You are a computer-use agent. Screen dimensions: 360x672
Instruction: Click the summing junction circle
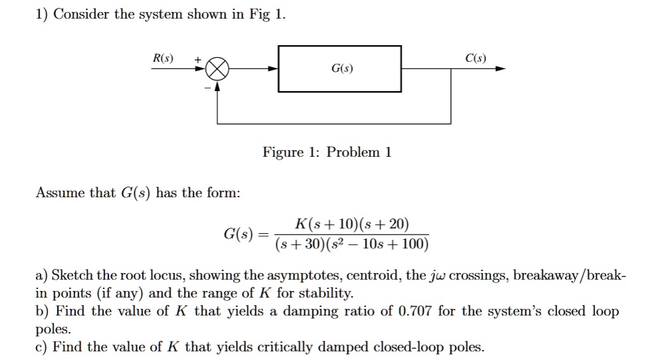click(x=217, y=68)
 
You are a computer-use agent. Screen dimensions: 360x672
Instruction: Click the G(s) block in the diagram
click(x=340, y=68)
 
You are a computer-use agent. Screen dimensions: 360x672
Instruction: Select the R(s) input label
click(x=163, y=58)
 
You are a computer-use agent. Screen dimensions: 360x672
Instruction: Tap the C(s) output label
click(x=475, y=58)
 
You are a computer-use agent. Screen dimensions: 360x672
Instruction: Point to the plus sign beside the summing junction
click(x=197, y=59)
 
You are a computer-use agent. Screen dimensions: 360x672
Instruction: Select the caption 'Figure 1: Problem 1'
click(x=327, y=153)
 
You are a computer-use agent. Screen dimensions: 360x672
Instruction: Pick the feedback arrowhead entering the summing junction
click(x=217, y=85)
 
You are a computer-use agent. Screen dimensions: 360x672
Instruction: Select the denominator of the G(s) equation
click(x=352, y=245)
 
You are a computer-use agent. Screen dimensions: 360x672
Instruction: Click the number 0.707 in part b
click(x=415, y=312)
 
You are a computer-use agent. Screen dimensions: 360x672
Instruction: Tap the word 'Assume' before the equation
click(x=56, y=193)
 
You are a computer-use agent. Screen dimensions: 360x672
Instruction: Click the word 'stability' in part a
click(x=327, y=294)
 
